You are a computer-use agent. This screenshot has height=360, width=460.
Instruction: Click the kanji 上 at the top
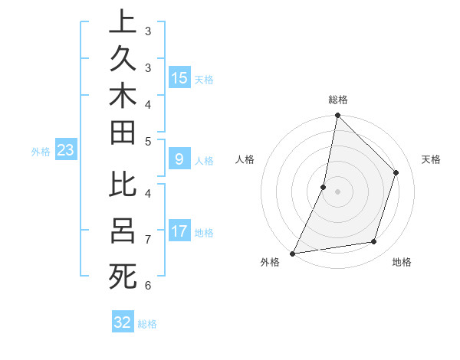point(123,21)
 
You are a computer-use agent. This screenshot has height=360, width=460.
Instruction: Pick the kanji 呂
point(123,230)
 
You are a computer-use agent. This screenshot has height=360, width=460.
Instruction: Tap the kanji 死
point(123,276)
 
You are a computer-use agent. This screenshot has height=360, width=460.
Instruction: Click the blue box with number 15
point(179,78)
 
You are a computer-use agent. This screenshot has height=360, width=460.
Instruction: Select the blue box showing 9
point(179,160)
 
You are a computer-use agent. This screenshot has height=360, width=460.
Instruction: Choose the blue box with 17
point(179,231)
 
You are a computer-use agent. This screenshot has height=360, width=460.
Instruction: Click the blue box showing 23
point(66,151)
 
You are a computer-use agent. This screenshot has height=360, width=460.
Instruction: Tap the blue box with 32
point(123,322)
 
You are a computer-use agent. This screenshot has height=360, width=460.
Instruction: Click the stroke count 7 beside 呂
point(147,240)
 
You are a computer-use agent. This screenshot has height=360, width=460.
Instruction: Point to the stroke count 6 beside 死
point(147,286)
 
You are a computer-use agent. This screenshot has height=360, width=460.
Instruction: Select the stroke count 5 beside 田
point(147,142)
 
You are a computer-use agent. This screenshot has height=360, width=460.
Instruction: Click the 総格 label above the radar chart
point(338,100)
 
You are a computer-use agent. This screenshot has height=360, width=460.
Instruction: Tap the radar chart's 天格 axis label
point(431,159)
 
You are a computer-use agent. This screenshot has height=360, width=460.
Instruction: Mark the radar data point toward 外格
point(293,253)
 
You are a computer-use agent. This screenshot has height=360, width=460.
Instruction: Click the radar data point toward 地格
point(374,242)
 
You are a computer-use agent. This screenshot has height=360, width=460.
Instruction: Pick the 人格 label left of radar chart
point(245,159)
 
